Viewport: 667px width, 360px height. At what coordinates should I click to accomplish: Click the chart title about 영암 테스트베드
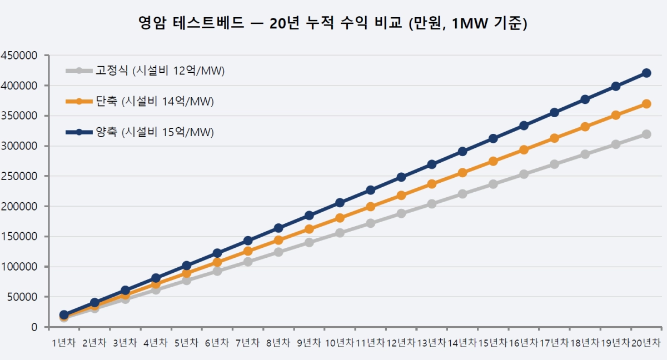332,23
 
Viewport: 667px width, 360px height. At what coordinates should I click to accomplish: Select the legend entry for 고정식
145,71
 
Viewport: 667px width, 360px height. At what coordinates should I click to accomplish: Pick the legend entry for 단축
140,102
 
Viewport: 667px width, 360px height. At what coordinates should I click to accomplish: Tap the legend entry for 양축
140,132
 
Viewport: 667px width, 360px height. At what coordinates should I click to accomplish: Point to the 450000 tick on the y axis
19,56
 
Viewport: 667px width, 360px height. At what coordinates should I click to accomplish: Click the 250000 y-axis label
19,176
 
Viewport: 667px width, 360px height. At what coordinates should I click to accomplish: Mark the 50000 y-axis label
22,297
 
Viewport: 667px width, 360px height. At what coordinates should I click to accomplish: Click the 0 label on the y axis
34,327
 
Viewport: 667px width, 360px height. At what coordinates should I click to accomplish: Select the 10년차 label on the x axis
340,343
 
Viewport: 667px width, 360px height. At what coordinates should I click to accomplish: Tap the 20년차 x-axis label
646,343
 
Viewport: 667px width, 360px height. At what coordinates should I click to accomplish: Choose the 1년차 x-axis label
64,343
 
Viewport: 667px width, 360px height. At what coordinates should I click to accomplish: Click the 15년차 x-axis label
493,343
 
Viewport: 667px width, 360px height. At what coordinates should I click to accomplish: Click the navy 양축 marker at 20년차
646,73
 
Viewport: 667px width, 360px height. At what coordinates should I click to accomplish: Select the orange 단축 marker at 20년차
646,104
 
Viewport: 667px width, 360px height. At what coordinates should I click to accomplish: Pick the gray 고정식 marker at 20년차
646,134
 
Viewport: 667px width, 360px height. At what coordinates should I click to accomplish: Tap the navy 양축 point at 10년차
340,203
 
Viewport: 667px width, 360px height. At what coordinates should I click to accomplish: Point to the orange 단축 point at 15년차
493,161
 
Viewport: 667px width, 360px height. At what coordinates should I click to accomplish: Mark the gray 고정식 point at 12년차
401,214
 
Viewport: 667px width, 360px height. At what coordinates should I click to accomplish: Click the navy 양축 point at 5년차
186,266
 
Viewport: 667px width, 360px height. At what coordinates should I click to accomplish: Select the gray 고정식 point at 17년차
554,164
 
